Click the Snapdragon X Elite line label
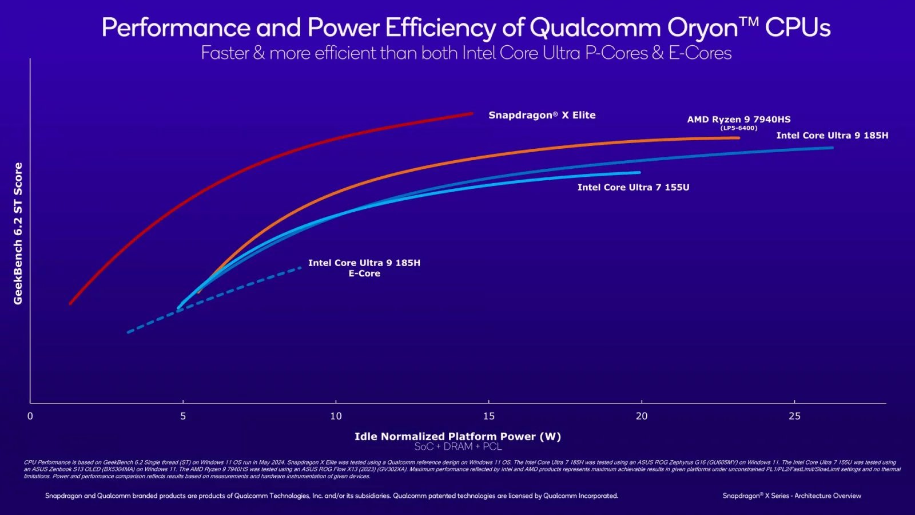pyautogui.click(x=542, y=115)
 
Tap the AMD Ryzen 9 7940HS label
pyautogui.click(x=738, y=119)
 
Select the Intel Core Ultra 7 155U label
pyautogui.click(x=633, y=187)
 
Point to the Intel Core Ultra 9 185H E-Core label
pyautogui.click(x=364, y=268)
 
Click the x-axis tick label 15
pyautogui.click(x=488, y=416)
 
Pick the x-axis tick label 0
pyautogui.click(x=30, y=416)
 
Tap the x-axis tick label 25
pyautogui.click(x=794, y=416)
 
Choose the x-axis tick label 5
pyautogui.click(x=183, y=416)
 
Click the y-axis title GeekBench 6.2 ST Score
pyautogui.click(x=18, y=233)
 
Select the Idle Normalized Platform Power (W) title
pyautogui.click(x=457, y=436)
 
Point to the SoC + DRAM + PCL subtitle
pyautogui.click(x=457, y=446)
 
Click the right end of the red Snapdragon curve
pyautogui.click(x=472, y=113)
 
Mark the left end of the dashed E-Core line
pyautogui.click(x=128, y=332)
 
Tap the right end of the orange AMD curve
pyautogui.click(x=738, y=137)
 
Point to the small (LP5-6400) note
pyautogui.click(x=738, y=128)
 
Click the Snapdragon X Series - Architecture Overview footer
pyautogui.click(x=791, y=496)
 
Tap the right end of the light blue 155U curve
pyautogui.click(x=639, y=172)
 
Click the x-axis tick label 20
pyautogui.click(x=642, y=416)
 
